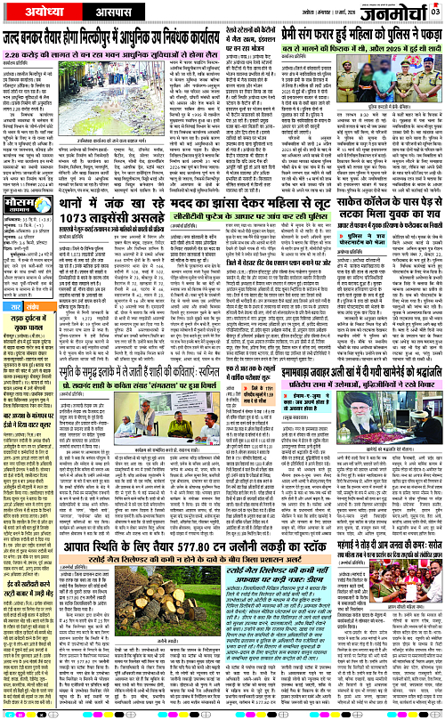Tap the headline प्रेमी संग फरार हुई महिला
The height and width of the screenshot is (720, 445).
pyautogui.click(x=356, y=37)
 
